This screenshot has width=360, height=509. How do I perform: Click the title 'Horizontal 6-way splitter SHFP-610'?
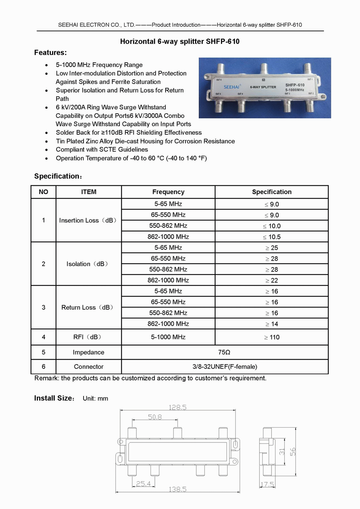pyautogui.click(x=180, y=41)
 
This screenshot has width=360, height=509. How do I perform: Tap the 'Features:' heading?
pyautogui.click(x=50, y=53)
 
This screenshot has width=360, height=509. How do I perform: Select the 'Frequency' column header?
pyautogui.click(x=168, y=192)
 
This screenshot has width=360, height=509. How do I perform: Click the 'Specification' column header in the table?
pyautogui.click(x=271, y=192)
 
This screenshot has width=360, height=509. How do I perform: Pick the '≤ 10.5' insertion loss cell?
pyautogui.click(x=271, y=237)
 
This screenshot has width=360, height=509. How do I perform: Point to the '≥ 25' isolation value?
pyautogui.click(x=271, y=248)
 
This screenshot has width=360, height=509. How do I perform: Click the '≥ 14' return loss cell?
pyautogui.click(x=271, y=324)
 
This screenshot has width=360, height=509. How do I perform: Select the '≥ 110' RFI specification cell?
pyautogui.click(x=271, y=337)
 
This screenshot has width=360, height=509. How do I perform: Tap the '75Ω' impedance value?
pyautogui.click(x=224, y=352)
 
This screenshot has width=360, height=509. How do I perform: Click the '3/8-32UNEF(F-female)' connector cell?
pyautogui.click(x=225, y=367)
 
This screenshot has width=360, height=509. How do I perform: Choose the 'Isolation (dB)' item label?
pyautogui.click(x=87, y=264)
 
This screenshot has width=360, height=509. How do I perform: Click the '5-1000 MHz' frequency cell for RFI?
pyautogui.click(x=168, y=337)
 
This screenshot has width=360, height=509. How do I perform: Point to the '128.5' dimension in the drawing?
pyautogui.click(x=177, y=407)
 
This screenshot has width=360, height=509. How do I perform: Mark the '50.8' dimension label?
pyautogui.click(x=155, y=417)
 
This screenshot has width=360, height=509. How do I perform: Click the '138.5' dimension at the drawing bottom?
pyautogui.click(x=177, y=489)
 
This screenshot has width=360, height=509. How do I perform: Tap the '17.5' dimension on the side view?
pyautogui.click(x=267, y=485)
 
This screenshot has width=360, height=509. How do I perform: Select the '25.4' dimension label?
pyautogui.click(x=143, y=484)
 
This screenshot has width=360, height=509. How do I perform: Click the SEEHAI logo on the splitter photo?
pyautogui.click(x=231, y=87)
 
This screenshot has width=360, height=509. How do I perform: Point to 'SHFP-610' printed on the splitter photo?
pyautogui.click(x=295, y=85)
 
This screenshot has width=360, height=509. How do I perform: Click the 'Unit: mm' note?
pyautogui.click(x=95, y=398)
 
